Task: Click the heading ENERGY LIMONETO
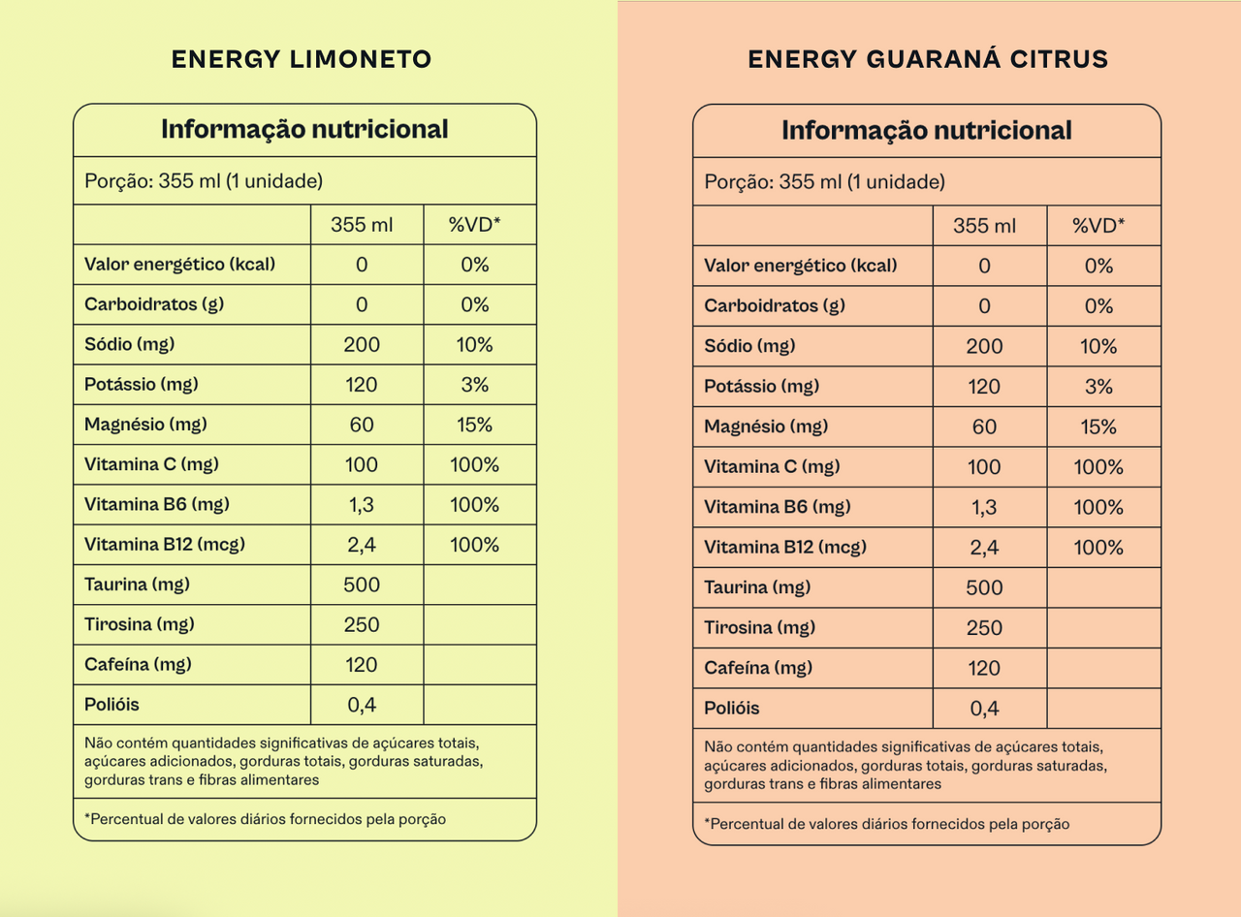302,59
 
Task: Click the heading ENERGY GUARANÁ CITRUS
928,59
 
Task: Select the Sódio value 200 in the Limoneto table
362,345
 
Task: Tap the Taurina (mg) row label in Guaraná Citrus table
757,587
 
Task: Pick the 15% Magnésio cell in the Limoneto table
475,425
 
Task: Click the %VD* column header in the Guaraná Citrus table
1098,226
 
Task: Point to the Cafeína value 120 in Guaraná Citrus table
984,668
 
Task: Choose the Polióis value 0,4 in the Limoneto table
362,705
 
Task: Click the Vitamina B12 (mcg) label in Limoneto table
165,545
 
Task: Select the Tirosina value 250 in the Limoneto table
362,625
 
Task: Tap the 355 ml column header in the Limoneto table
362,225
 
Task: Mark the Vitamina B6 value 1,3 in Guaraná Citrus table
984,507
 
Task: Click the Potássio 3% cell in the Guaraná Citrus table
1098,387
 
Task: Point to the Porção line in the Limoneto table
204,180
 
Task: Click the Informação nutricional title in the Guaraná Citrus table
927,131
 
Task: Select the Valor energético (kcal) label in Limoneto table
179,265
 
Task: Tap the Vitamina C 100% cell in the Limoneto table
475,465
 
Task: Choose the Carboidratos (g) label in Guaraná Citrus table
775,306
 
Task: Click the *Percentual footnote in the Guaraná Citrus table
887,824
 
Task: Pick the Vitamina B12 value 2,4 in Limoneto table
362,545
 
